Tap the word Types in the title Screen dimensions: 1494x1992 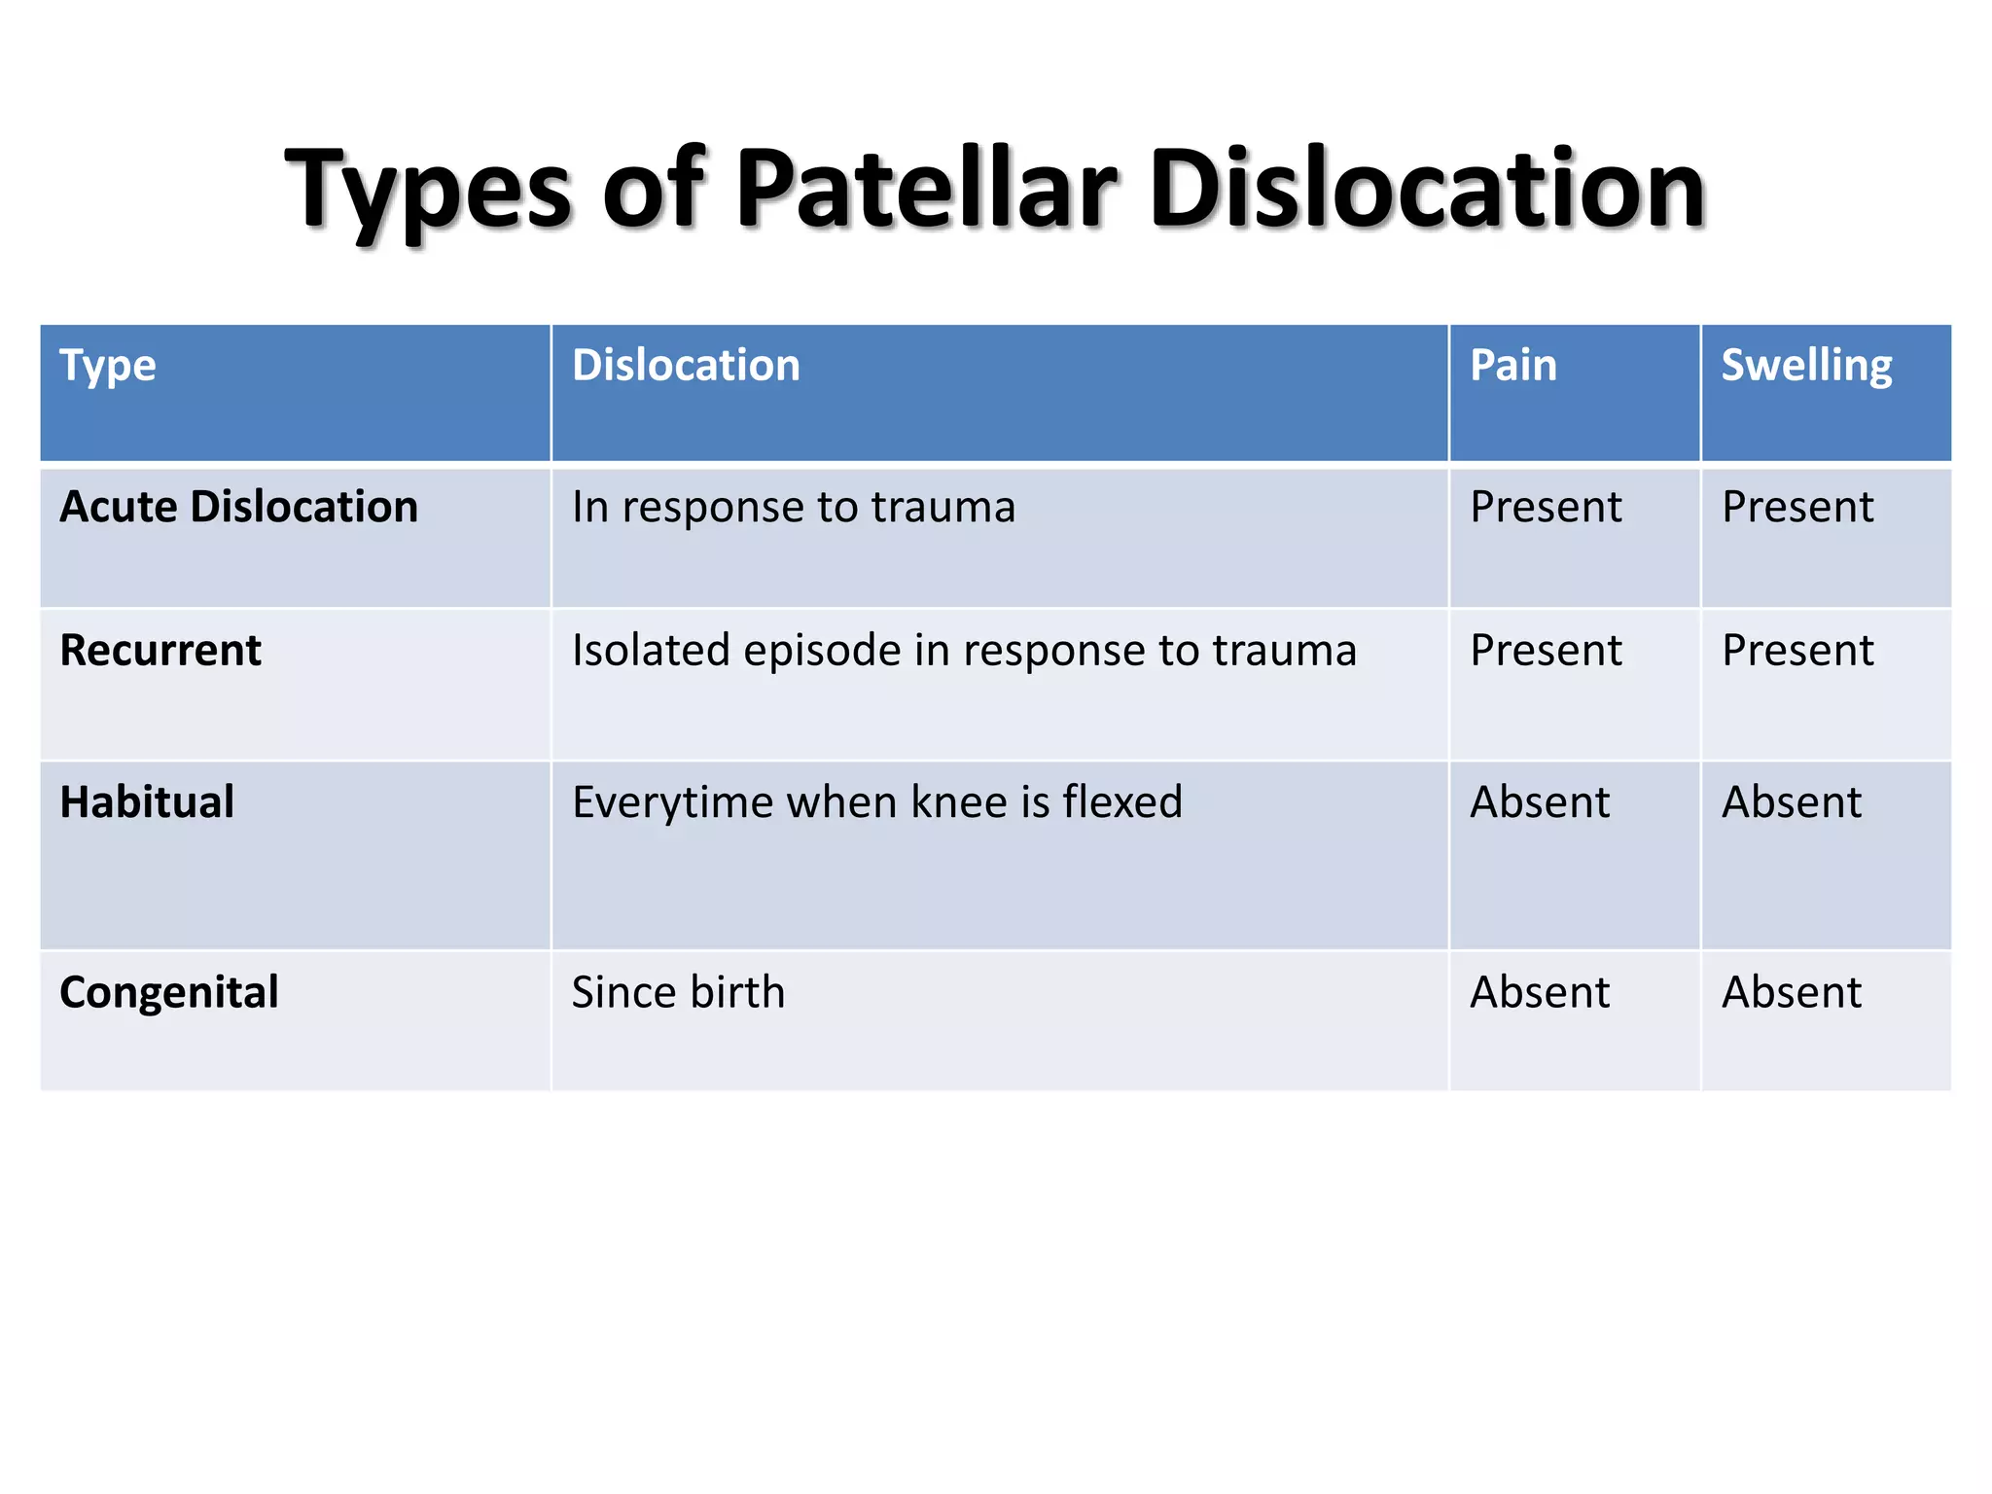(x=428, y=191)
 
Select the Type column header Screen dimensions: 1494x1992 (x=108, y=366)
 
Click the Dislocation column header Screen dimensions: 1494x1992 (x=686, y=366)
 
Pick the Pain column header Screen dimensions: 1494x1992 (x=1512, y=366)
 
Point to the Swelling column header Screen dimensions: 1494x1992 (x=1806, y=366)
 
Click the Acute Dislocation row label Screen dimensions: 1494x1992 (x=238, y=507)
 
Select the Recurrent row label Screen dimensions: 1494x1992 (x=160, y=650)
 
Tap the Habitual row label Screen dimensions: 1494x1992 (x=147, y=802)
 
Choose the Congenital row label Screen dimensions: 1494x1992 (x=169, y=992)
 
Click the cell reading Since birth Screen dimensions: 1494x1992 (x=678, y=992)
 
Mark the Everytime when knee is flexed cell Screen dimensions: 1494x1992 (x=876, y=802)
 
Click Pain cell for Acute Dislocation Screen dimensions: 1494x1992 (x=1545, y=507)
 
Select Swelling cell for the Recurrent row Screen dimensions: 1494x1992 (x=1796, y=650)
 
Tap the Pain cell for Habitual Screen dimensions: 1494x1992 (x=1539, y=802)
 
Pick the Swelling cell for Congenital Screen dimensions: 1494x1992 (x=1791, y=992)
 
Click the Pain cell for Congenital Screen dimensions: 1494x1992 (x=1539, y=992)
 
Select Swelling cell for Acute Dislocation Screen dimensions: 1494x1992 (x=1796, y=507)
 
